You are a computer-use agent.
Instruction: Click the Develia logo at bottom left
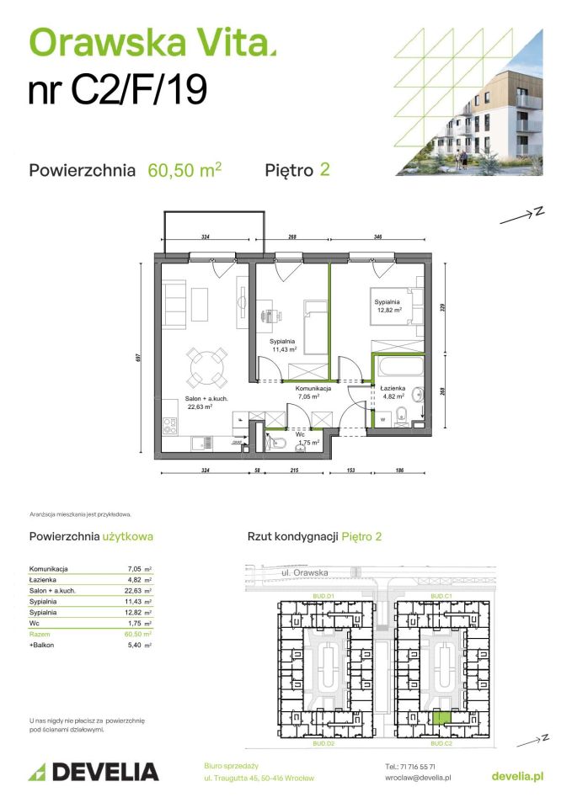[94, 772]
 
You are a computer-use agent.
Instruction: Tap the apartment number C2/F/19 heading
[118, 90]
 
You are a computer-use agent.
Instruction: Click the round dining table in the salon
[206, 366]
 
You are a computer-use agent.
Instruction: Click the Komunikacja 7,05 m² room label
[313, 391]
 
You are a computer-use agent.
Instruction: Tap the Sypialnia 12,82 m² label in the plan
[388, 305]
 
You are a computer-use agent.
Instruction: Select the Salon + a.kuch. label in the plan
[207, 403]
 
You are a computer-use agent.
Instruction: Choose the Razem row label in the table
[40, 634]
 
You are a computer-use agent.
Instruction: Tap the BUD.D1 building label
[324, 597]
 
